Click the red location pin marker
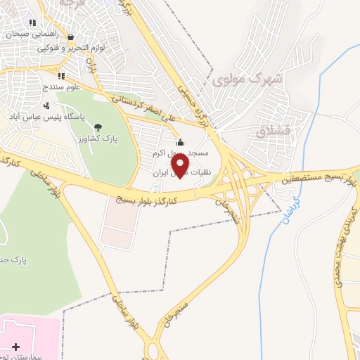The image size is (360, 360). (x=180, y=165)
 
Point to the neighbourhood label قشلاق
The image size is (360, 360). (x=272, y=130)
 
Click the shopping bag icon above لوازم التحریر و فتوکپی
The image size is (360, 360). (x=70, y=37)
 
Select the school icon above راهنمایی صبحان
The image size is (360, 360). (x=32, y=22)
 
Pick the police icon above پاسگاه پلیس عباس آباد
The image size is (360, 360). (x=47, y=105)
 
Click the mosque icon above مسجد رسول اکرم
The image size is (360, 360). (x=180, y=141)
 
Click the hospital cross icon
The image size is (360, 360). (x=16, y=346)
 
